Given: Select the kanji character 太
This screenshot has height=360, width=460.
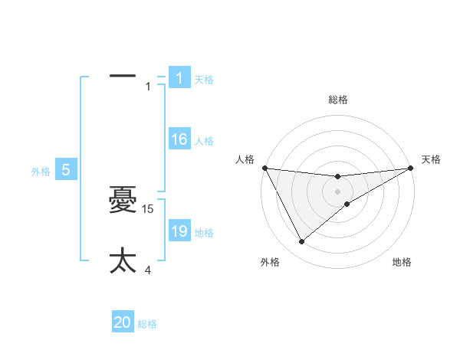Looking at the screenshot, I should point(123,260).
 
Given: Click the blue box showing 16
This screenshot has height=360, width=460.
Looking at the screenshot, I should point(179,139).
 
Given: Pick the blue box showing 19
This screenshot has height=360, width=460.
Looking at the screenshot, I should point(179,231).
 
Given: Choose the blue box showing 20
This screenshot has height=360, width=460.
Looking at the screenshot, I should point(123,322).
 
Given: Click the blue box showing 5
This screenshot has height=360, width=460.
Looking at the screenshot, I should point(66,171).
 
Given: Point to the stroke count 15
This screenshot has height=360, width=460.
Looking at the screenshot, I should point(149,208).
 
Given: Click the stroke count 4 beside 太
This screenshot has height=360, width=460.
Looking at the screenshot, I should point(148,270).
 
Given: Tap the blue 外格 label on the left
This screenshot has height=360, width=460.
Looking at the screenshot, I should point(41,172).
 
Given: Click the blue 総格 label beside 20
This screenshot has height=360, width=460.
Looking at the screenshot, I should point(147,324).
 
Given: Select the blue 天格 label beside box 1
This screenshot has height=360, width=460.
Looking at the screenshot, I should point(204,79).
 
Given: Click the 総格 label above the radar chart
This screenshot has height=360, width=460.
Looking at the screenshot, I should point(338,100).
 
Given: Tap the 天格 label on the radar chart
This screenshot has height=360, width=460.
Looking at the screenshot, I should point(432,159).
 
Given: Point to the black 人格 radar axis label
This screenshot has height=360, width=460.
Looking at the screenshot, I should point(245,159).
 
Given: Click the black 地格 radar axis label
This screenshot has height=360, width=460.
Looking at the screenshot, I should point(402,262).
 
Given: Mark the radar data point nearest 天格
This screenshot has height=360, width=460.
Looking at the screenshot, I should point(410,168).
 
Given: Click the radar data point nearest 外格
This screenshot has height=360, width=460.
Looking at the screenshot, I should point(301,242).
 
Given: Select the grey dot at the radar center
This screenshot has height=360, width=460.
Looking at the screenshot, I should point(337,191).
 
